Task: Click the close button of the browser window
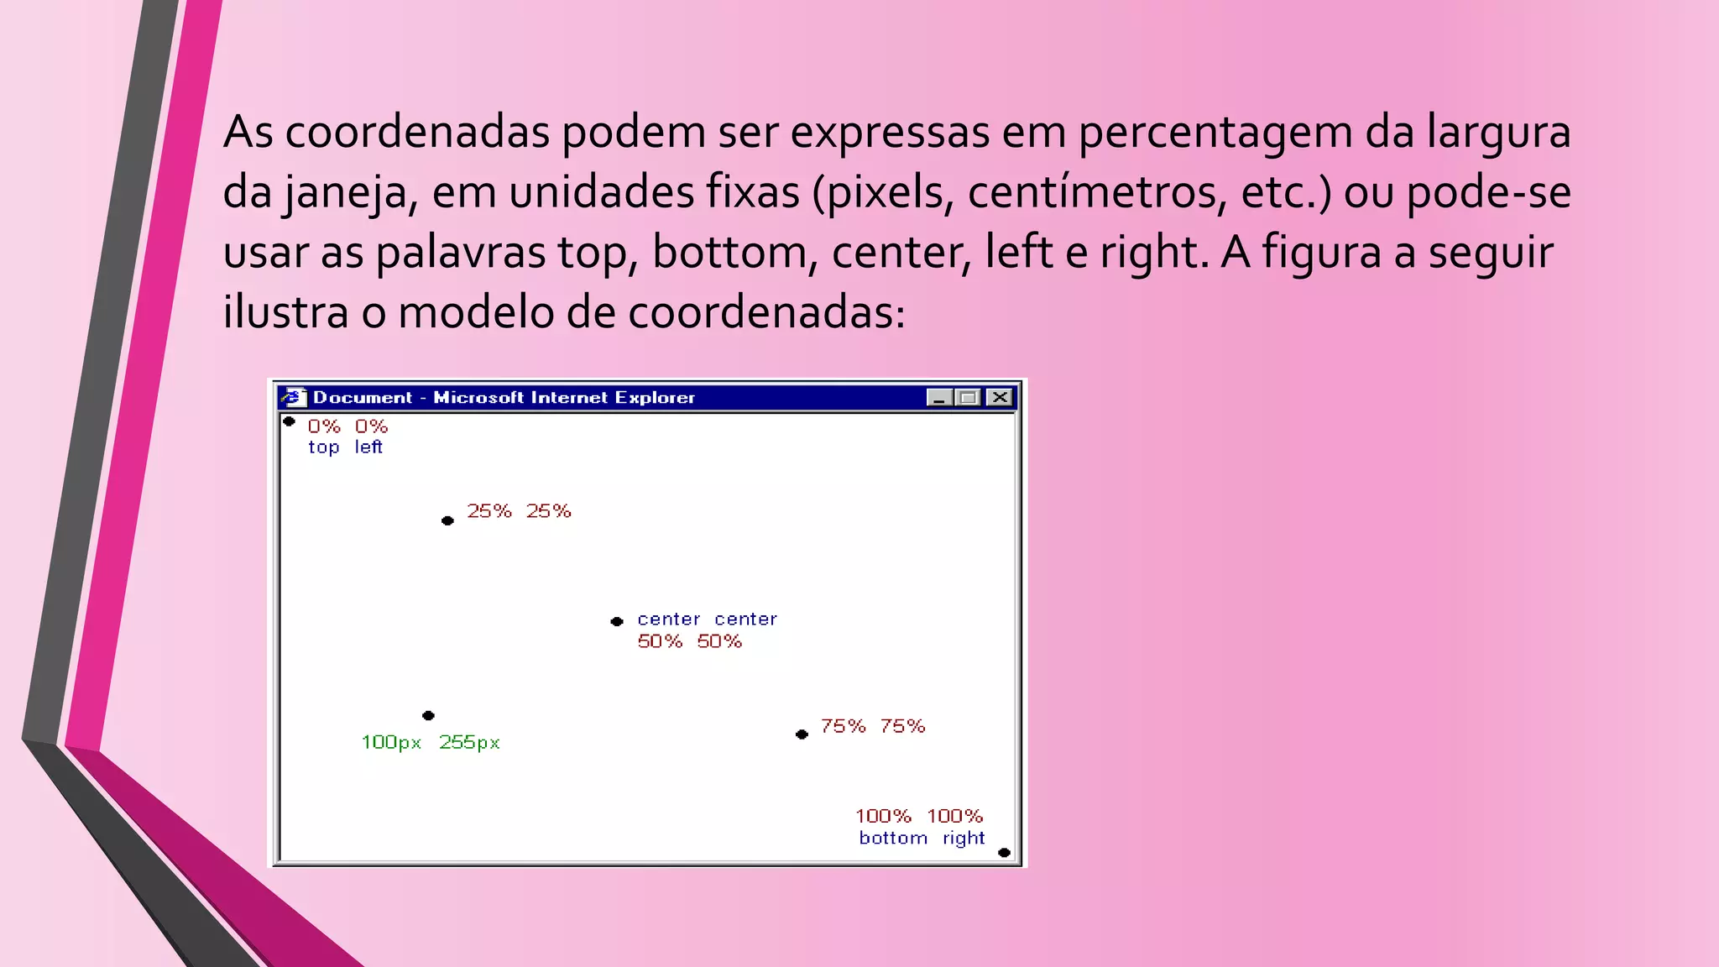(x=1000, y=397)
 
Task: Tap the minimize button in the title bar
(x=938, y=397)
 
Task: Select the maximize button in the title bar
(x=969, y=397)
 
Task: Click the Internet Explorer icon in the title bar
(x=293, y=397)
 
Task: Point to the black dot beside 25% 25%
(x=447, y=520)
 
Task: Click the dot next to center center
(x=617, y=621)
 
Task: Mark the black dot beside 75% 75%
(x=802, y=734)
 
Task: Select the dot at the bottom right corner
(x=1004, y=853)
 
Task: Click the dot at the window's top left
(x=289, y=421)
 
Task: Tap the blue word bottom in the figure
(x=893, y=838)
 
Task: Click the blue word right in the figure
(x=964, y=838)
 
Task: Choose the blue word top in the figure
(x=323, y=447)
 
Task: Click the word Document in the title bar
(x=363, y=397)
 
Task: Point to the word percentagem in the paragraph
(x=1215, y=133)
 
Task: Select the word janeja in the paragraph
(x=344, y=193)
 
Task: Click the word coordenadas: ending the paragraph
(x=766, y=312)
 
